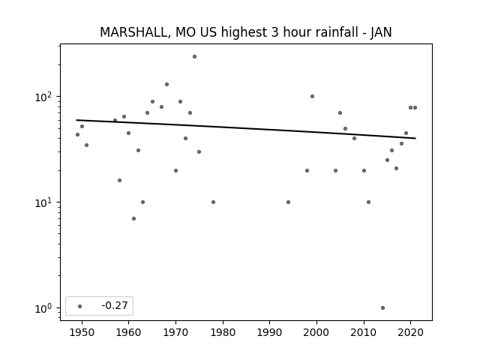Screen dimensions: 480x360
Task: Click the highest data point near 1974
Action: point(194,57)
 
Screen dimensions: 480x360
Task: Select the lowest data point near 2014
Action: point(382,307)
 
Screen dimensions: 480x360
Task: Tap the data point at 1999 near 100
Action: point(312,97)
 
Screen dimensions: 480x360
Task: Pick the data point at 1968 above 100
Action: point(166,85)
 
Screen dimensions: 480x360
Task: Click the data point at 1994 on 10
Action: point(288,202)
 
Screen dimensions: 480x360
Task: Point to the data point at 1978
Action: point(213,202)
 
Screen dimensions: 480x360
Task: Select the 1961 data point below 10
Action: point(133,218)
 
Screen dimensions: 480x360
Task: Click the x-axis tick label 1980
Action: point(223,332)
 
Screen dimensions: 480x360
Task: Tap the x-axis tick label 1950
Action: point(82,332)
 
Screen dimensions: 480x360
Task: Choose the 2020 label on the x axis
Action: point(410,332)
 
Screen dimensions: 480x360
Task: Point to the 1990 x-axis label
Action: point(270,332)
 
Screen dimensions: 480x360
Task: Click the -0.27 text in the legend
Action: point(115,305)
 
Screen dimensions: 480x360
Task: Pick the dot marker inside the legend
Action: point(80,306)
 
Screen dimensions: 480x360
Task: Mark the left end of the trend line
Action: point(76,120)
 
